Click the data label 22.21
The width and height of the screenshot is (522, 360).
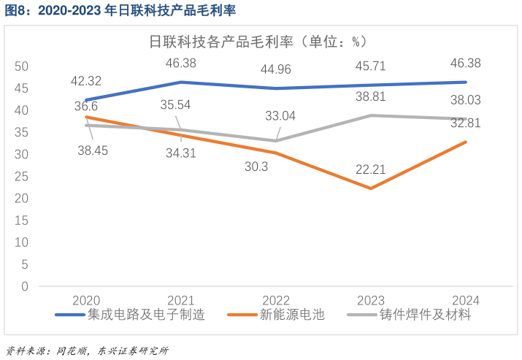(371, 169)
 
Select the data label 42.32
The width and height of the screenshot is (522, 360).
(86, 81)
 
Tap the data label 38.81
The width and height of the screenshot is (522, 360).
(371, 96)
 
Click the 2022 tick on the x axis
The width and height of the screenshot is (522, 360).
(276, 300)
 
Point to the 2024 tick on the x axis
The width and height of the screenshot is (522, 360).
(466, 300)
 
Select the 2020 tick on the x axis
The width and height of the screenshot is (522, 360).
(86, 300)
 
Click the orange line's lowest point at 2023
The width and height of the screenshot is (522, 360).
(371, 188)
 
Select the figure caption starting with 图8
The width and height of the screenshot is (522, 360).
(120, 10)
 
